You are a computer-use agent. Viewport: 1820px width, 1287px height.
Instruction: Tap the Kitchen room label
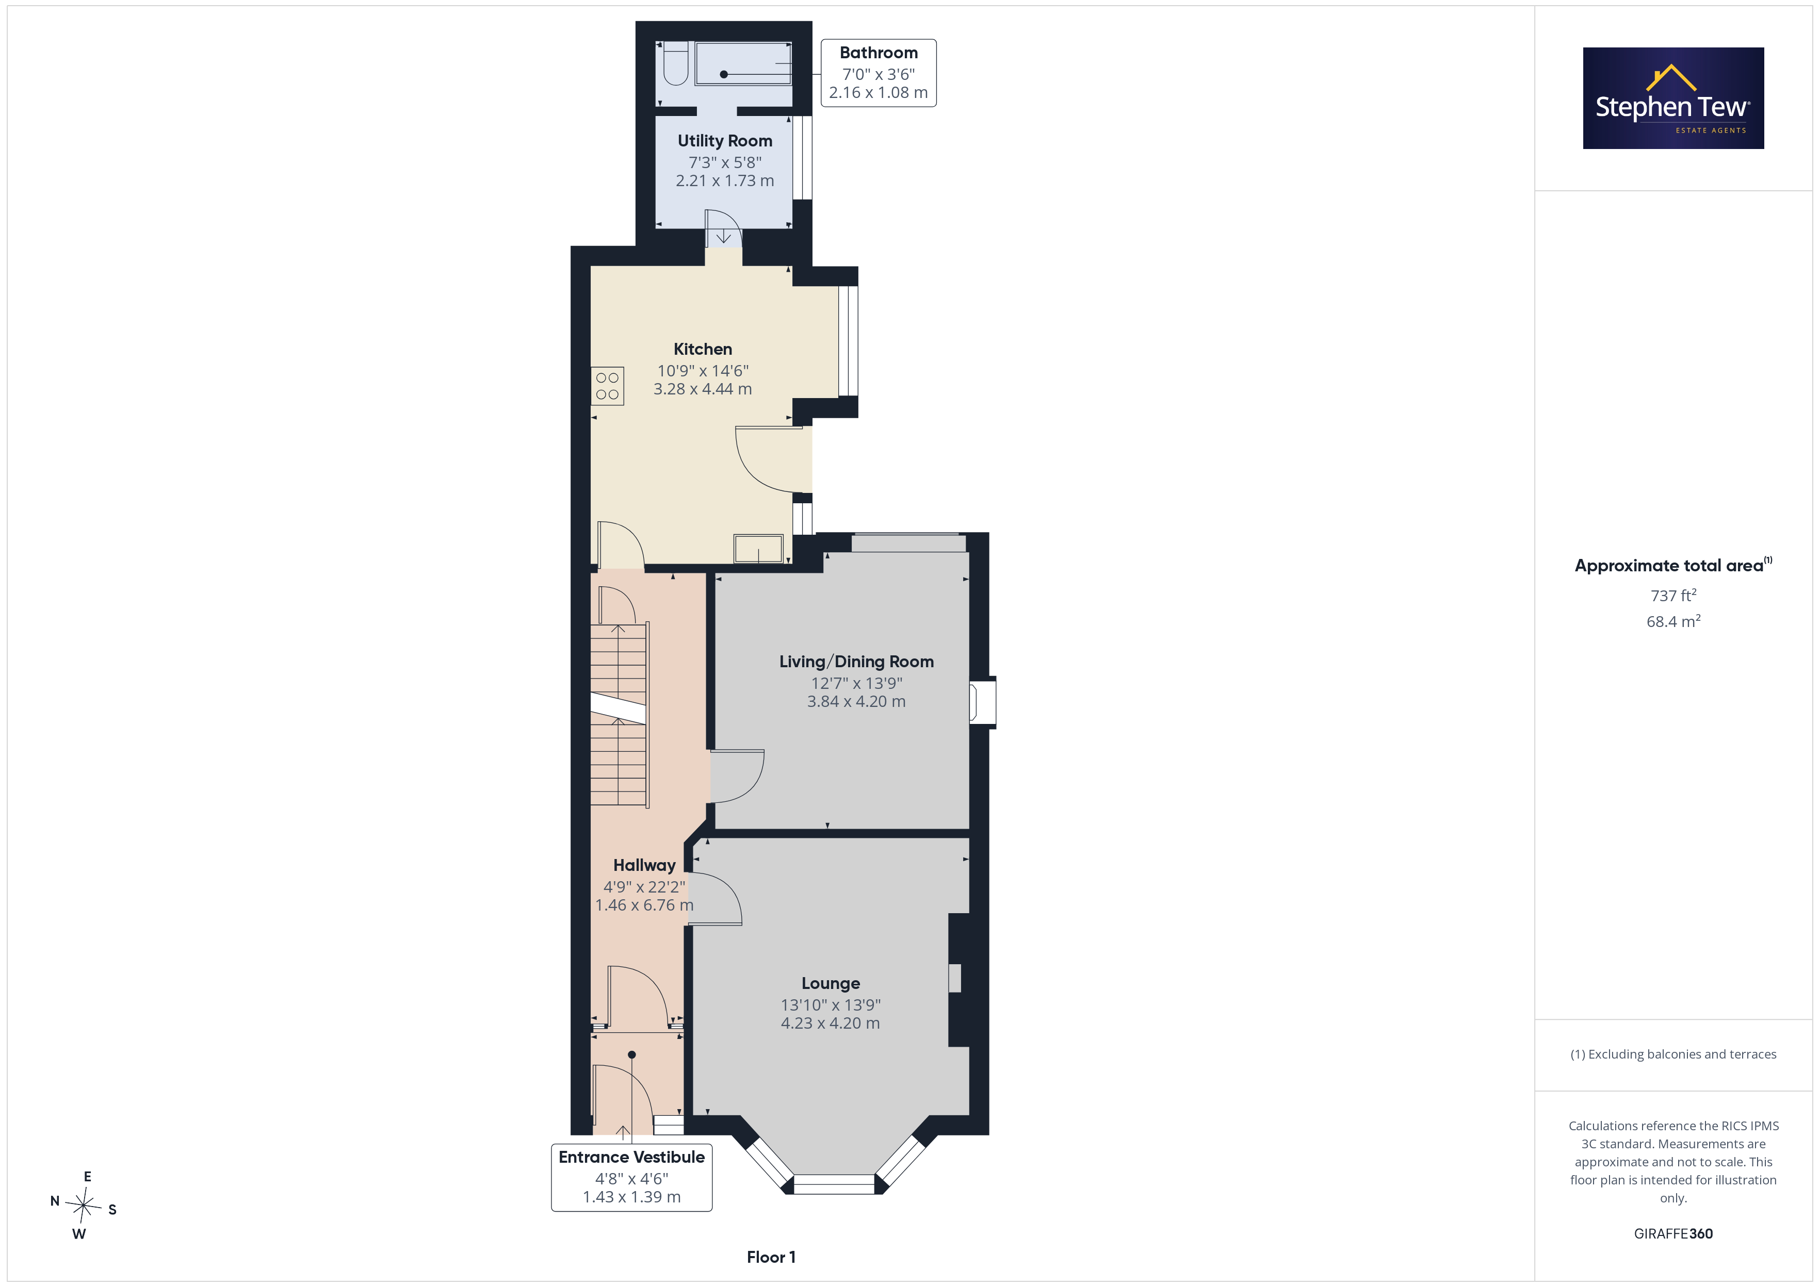(x=702, y=350)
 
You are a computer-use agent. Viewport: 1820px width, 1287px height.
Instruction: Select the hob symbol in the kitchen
(x=607, y=386)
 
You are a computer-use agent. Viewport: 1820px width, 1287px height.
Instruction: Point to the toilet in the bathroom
(x=675, y=63)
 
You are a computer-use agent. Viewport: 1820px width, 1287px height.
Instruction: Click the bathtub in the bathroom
(x=743, y=63)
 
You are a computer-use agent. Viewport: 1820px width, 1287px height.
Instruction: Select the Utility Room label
(x=724, y=141)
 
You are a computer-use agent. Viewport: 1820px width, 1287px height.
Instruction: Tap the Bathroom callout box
(x=879, y=73)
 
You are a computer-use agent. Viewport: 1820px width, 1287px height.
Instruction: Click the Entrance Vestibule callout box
(x=632, y=1177)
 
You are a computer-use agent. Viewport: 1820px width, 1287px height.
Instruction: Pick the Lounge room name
(x=830, y=983)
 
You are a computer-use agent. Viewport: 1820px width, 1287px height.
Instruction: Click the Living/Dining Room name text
(x=856, y=662)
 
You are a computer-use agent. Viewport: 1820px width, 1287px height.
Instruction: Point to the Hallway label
(x=644, y=865)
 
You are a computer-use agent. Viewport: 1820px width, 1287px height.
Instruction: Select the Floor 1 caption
(x=771, y=1257)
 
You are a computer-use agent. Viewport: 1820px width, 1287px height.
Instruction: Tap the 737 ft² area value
(x=1673, y=595)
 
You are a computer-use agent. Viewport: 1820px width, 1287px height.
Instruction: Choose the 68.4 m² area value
(x=1673, y=621)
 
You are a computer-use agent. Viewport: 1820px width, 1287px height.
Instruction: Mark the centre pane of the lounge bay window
(x=834, y=1184)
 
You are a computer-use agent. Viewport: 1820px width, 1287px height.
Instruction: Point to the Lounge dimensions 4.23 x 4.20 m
(x=830, y=1023)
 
